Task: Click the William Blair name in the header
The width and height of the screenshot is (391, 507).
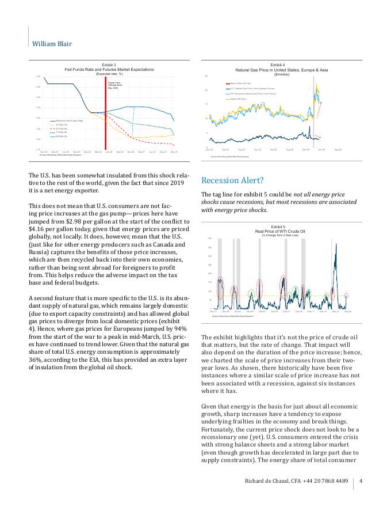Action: coord(52,44)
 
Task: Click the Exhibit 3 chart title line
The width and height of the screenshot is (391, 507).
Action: coord(109,65)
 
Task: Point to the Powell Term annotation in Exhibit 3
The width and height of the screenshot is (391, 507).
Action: coord(114,85)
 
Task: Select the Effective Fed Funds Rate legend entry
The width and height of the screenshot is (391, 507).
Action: coord(70,120)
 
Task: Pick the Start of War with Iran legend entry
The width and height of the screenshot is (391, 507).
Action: coord(241,84)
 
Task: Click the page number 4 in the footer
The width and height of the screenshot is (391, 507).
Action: coord(361,482)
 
